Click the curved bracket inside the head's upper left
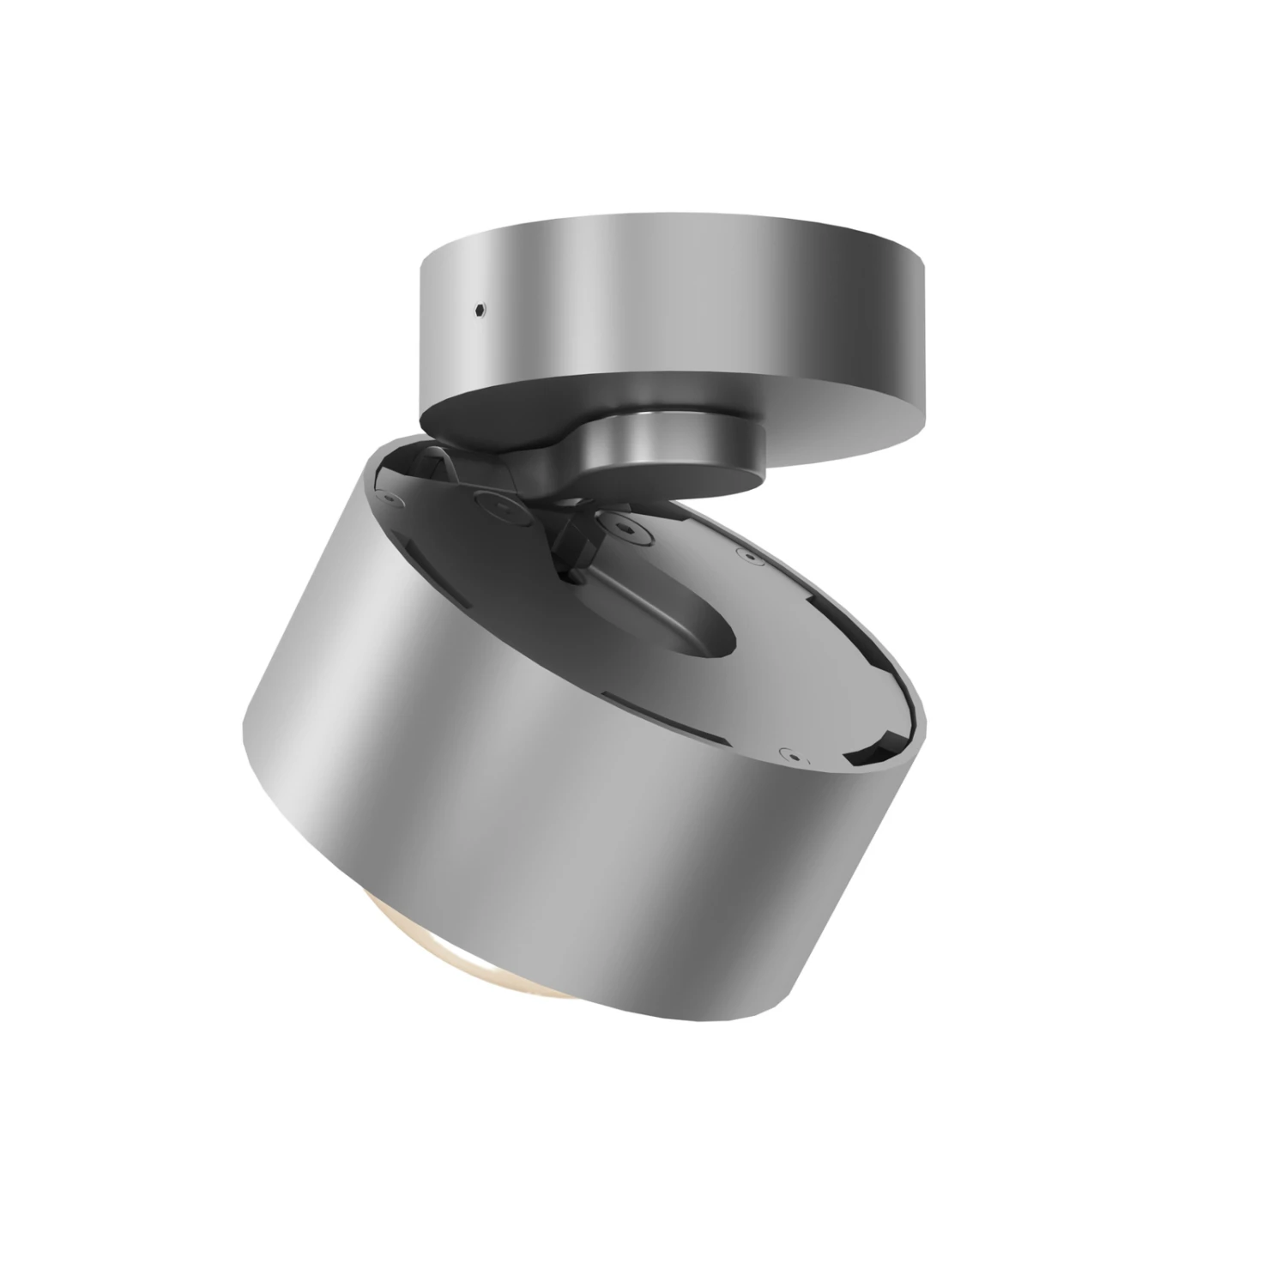(x=446, y=468)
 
